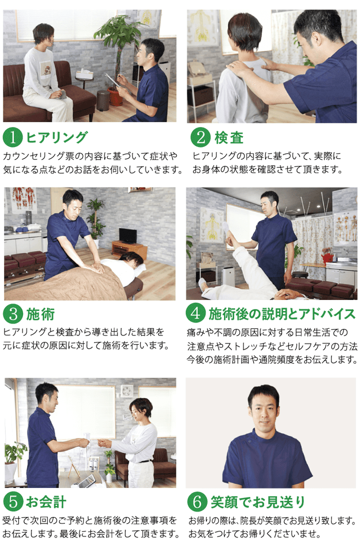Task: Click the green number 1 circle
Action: click(x=12, y=137)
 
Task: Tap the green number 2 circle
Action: click(x=200, y=137)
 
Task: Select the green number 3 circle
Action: click(x=13, y=313)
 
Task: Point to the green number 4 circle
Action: click(x=195, y=312)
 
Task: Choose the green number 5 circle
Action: click(x=13, y=501)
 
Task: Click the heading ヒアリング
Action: click(x=56, y=137)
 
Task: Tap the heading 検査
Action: click(x=229, y=137)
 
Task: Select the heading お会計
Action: click(x=46, y=502)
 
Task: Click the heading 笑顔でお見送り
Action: click(x=258, y=502)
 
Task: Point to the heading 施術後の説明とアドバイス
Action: click(x=282, y=313)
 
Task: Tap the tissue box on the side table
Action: click(x=84, y=74)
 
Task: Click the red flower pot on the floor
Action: click(x=115, y=96)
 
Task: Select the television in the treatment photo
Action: click(x=127, y=235)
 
